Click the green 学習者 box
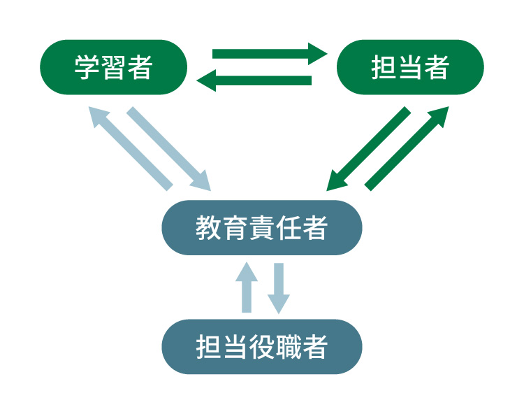point(114,67)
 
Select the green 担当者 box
point(410,67)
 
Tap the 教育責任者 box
point(262,228)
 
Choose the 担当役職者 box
point(262,347)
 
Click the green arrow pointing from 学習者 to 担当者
point(269,54)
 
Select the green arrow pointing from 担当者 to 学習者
point(255,81)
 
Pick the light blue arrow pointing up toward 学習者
point(131,148)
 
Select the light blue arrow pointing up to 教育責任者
point(247,287)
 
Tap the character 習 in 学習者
point(113,68)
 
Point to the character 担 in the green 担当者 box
point(383,68)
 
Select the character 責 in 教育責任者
point(261,229)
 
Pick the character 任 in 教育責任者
point(289,229)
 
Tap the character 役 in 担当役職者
point(261,348)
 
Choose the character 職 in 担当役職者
point(289,348)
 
